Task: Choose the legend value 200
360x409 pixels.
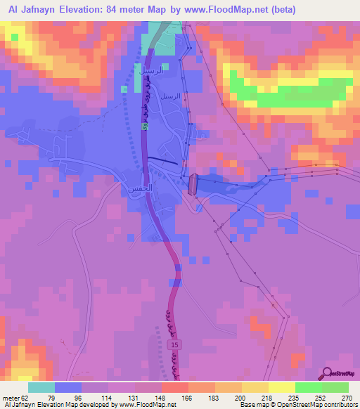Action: coord(240,398)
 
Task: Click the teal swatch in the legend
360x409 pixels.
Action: coord(41,387)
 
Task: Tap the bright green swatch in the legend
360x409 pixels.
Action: coord(309,387)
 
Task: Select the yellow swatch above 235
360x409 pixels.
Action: coord(282,387)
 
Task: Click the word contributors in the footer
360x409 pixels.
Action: coord(336,405)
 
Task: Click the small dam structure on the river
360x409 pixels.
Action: coord(193,183)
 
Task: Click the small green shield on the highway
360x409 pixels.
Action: coord(145,126)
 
